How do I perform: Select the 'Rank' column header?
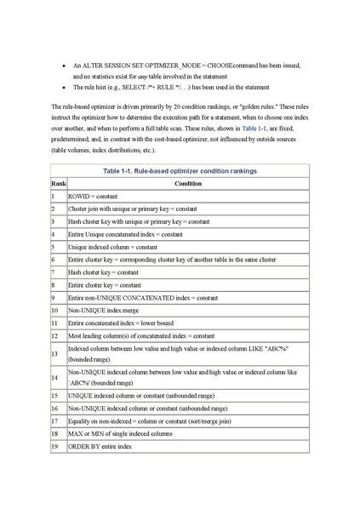pos(58,183)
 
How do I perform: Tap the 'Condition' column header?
pos(188,183)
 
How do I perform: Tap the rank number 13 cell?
pos(54,352)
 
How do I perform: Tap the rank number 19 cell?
pos(54,446)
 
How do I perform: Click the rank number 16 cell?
pos(54,408)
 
